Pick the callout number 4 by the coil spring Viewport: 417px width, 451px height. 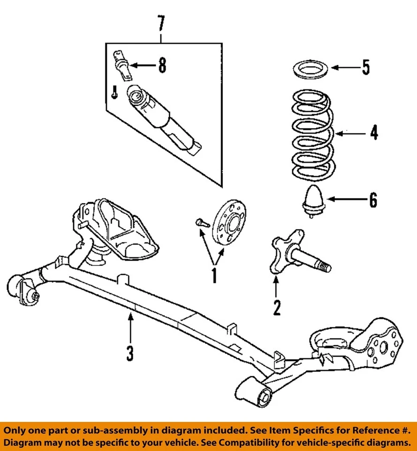373,133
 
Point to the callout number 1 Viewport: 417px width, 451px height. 214,275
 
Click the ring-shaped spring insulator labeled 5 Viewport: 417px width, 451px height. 310,69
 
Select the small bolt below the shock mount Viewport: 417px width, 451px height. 114,92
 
